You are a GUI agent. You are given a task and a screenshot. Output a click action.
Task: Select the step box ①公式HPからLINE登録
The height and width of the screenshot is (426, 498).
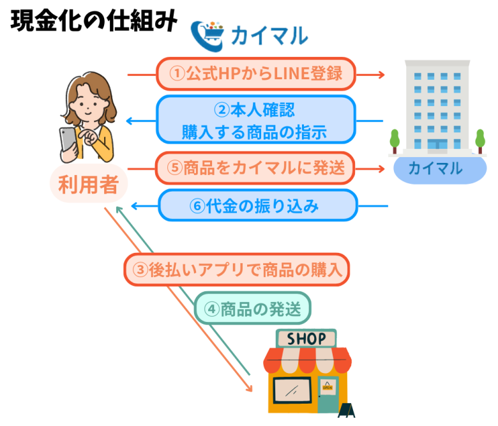tap(256, 74)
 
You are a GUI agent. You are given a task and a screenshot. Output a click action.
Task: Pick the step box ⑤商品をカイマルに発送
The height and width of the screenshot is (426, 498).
tap(255, 169)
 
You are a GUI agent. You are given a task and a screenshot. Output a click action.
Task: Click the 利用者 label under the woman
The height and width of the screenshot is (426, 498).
tap(88, 186)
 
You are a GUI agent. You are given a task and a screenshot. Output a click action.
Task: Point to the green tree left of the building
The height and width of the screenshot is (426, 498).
tap(394, 139)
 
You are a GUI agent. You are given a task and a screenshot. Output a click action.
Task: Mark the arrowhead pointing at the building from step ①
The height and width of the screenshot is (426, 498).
tap(381, 75)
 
